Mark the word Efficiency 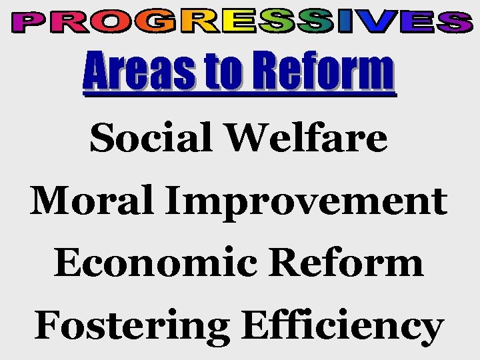342,327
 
